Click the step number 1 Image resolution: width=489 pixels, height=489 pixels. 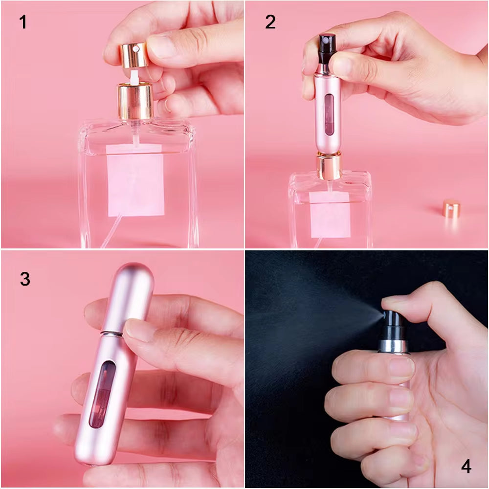click(x=22, y=22)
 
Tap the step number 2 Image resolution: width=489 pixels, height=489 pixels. click(x=270, y=22)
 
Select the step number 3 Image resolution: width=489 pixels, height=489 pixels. click(x=25, y=279)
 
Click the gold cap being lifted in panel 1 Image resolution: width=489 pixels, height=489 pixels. click(x=133, y=54)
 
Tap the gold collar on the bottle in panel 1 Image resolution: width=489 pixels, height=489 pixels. click(x=135, y=101)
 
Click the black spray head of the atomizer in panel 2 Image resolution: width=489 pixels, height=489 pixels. click(x=326, y=44)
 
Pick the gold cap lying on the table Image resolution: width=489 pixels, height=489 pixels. click(x=451, y=208)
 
